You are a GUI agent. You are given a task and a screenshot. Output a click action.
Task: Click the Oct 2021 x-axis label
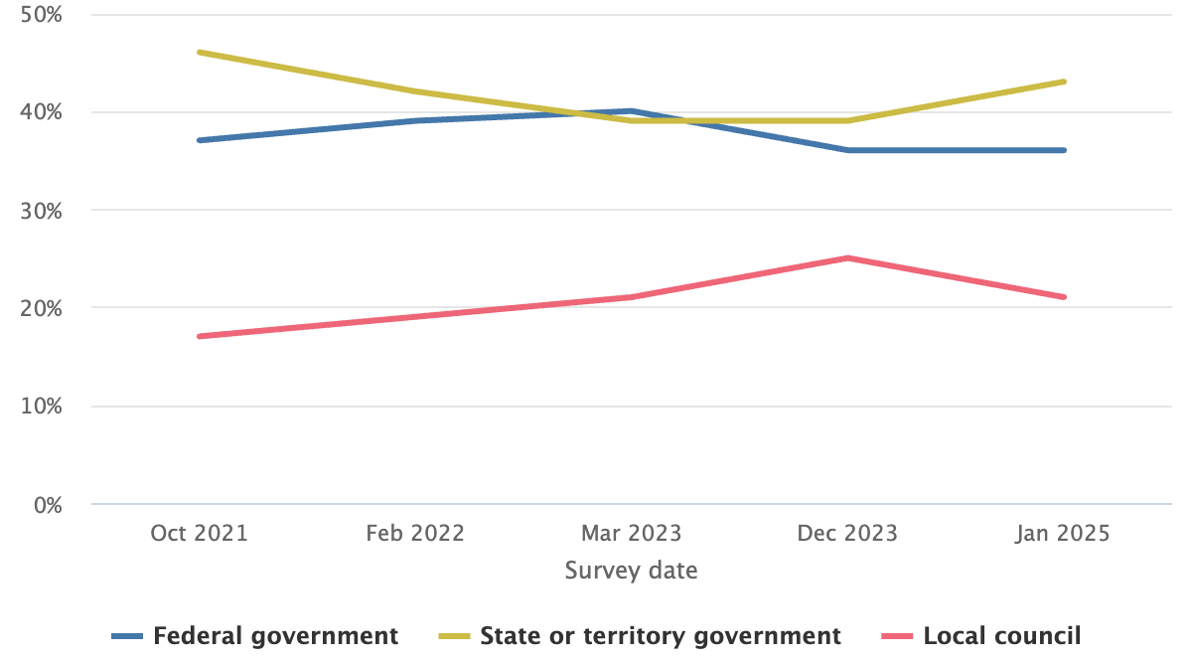[199, 533]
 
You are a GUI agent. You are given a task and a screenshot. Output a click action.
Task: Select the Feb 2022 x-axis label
[415, 533]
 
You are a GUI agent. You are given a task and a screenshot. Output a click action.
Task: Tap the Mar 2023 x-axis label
[632, 533]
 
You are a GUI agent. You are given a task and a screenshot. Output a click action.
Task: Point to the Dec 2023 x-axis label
[847, 533]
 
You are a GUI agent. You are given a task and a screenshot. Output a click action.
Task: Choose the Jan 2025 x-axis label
[1063, 533]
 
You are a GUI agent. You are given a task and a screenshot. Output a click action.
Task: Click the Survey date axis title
[631, 572]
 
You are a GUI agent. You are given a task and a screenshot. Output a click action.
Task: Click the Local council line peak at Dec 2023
[847, 258]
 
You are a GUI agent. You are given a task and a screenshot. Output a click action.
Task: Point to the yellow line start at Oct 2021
[200, 52]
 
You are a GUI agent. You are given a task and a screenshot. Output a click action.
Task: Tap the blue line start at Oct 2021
[200, 140]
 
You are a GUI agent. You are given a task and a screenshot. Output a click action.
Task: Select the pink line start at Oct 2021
[200, 336]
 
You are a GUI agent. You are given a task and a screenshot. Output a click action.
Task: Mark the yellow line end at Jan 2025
[1064, 82]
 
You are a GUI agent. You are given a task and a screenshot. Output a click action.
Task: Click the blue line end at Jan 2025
[1064, 150]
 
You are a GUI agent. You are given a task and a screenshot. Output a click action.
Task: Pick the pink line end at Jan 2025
[1064, 297]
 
